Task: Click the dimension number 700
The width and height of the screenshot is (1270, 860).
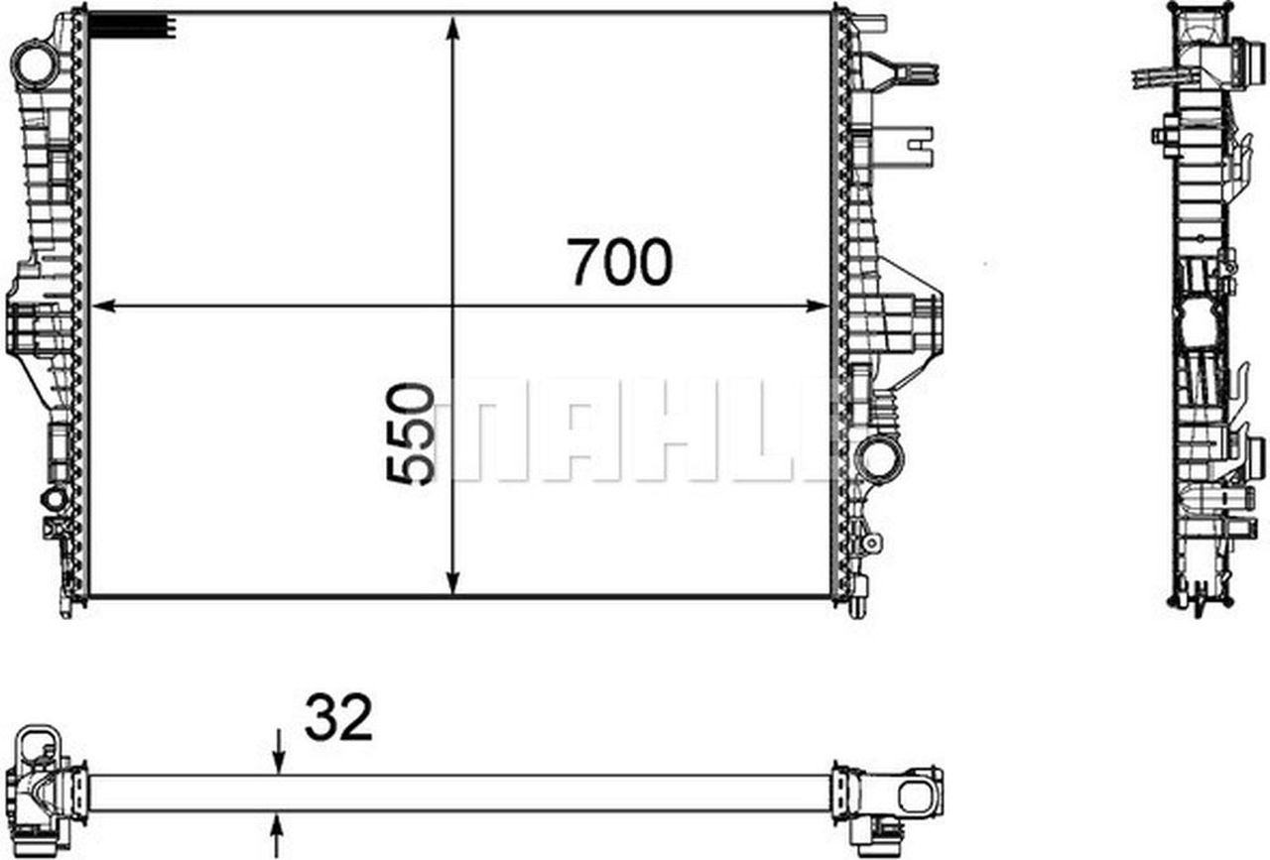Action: coord(621,262)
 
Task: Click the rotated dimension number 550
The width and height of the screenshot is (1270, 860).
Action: coord(410,433)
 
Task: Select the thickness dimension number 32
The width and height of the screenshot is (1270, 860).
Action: coord(338,717)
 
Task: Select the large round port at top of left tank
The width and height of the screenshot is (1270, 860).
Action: coord(36,64)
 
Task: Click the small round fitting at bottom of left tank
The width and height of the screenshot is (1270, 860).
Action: coord(54,498)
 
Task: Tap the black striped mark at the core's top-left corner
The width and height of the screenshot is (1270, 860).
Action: coord(131,26)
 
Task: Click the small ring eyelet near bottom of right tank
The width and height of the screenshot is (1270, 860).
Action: coord(872,543)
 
